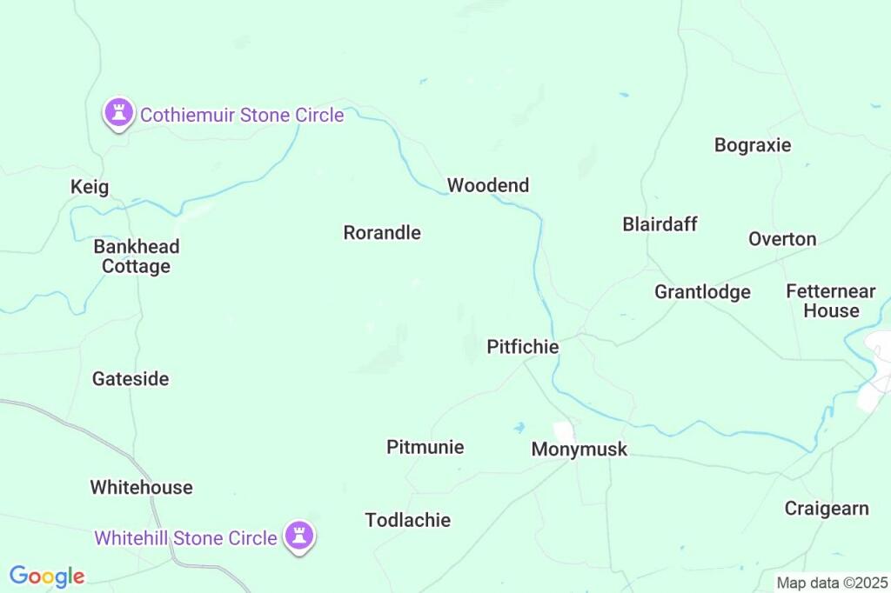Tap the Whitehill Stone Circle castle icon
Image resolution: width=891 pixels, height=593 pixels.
(x=301, y=536)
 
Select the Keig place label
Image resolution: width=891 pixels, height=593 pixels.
(x=90, y=187)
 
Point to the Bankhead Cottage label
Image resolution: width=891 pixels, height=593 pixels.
(x=137, y=257)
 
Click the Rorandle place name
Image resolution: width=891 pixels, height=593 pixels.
(x=382, y=233)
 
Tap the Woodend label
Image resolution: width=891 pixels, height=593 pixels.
(x=487, y=185)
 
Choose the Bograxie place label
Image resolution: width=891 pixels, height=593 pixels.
(x=753, y=145)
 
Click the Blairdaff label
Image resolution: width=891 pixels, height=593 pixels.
(x=660, y=224)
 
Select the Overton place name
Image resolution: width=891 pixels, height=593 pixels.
(x=782, y=239)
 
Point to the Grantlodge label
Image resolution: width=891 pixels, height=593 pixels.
(x=702, y=292)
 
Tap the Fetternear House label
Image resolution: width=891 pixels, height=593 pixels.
(x=831, y=301)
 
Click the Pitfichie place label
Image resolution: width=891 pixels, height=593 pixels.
(x=522, y=347)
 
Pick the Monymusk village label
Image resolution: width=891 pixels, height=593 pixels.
(x=579, y=450)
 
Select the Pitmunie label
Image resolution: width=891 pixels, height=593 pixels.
(x=425, y=447)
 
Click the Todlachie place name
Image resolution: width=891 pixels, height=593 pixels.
(x=407, y=520)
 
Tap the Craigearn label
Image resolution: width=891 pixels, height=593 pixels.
(x=826, y=509)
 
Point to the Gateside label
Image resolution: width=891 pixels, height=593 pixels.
(x=131, y=379)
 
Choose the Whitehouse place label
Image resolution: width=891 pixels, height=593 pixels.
(x=141, y=487)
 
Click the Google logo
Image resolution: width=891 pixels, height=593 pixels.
(x=47, y=576)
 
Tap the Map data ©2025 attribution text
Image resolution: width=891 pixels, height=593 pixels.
(x=832, y=583)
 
